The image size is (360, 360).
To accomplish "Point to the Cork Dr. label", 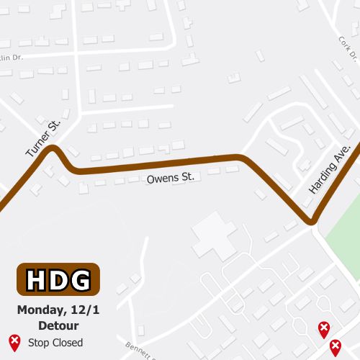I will pos(348,48).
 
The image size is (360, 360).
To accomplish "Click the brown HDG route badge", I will pos(58,279).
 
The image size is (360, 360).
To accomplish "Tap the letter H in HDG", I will pos(37,279).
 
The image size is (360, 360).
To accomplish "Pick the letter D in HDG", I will pos(58,279).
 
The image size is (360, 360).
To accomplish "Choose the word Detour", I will pos(58,325).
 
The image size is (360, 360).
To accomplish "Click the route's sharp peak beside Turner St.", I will pos(53,149).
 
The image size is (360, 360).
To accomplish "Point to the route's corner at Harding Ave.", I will pos(312,220).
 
